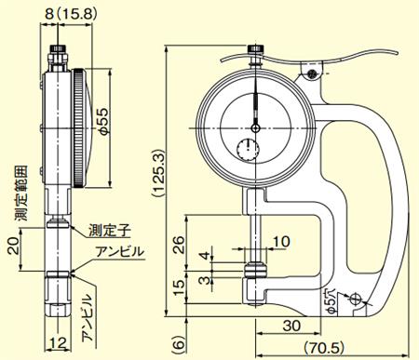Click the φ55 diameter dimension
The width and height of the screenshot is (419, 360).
tap(104, 121)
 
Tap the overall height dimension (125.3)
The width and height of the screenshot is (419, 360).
tap(158, 173)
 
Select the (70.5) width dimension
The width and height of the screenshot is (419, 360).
tap(324, 347)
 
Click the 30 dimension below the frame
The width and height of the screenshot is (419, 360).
tap(291, 326)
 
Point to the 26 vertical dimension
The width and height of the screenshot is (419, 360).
tap(179, 245)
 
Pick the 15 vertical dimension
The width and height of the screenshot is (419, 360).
tap(179, 287)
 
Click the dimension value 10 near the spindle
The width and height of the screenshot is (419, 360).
tap(281, 242)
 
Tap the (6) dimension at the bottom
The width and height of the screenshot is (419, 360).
tap(178, 343)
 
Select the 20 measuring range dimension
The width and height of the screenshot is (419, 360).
tap(13, 246)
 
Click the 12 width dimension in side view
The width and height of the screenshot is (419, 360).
tap(59, 343)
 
